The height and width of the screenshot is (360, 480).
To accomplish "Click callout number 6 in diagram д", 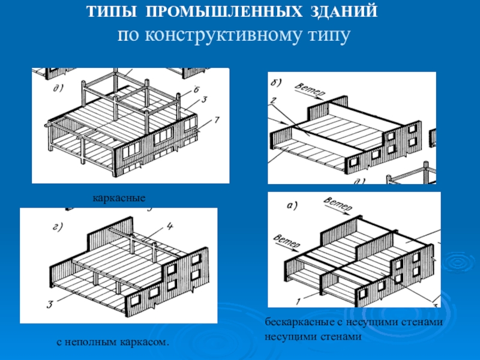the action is tap(196, 90).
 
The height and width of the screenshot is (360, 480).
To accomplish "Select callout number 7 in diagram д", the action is tap(217, 121).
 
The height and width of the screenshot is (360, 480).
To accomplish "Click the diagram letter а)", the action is tap(292, 206).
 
